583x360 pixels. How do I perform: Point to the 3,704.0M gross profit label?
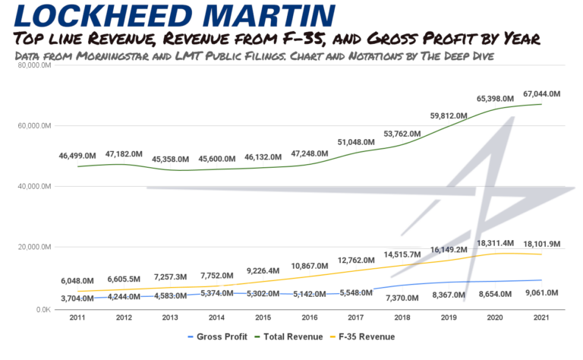point(77,298)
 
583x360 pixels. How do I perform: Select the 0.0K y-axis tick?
point(40,310)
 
